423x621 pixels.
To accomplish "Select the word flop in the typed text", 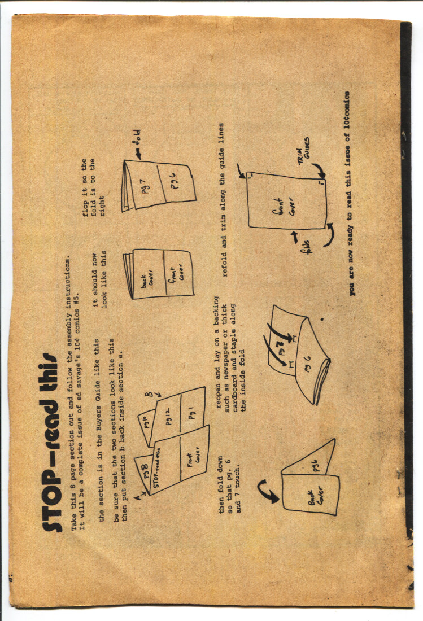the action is [85, 207].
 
